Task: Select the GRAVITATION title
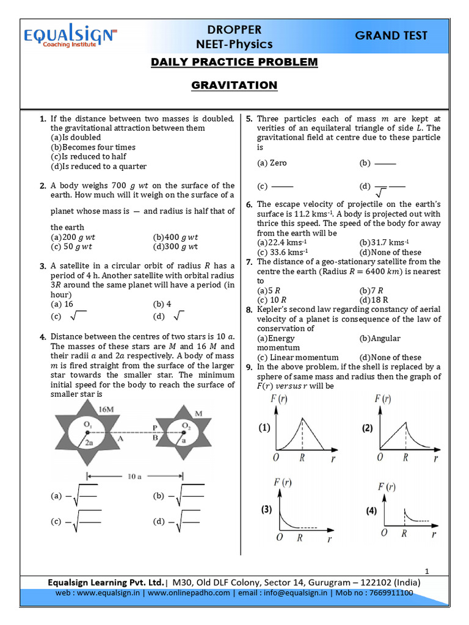tap(234, 85)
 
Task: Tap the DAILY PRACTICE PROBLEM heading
tap(234, 62)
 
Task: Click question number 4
tap(43, 336)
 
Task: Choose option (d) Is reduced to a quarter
tap(98, 166)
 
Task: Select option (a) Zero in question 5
tap(272, 163)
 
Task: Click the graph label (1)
tap(264, 428)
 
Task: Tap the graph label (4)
tap(371, 511)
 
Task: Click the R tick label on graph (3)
tap(299, 538)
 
